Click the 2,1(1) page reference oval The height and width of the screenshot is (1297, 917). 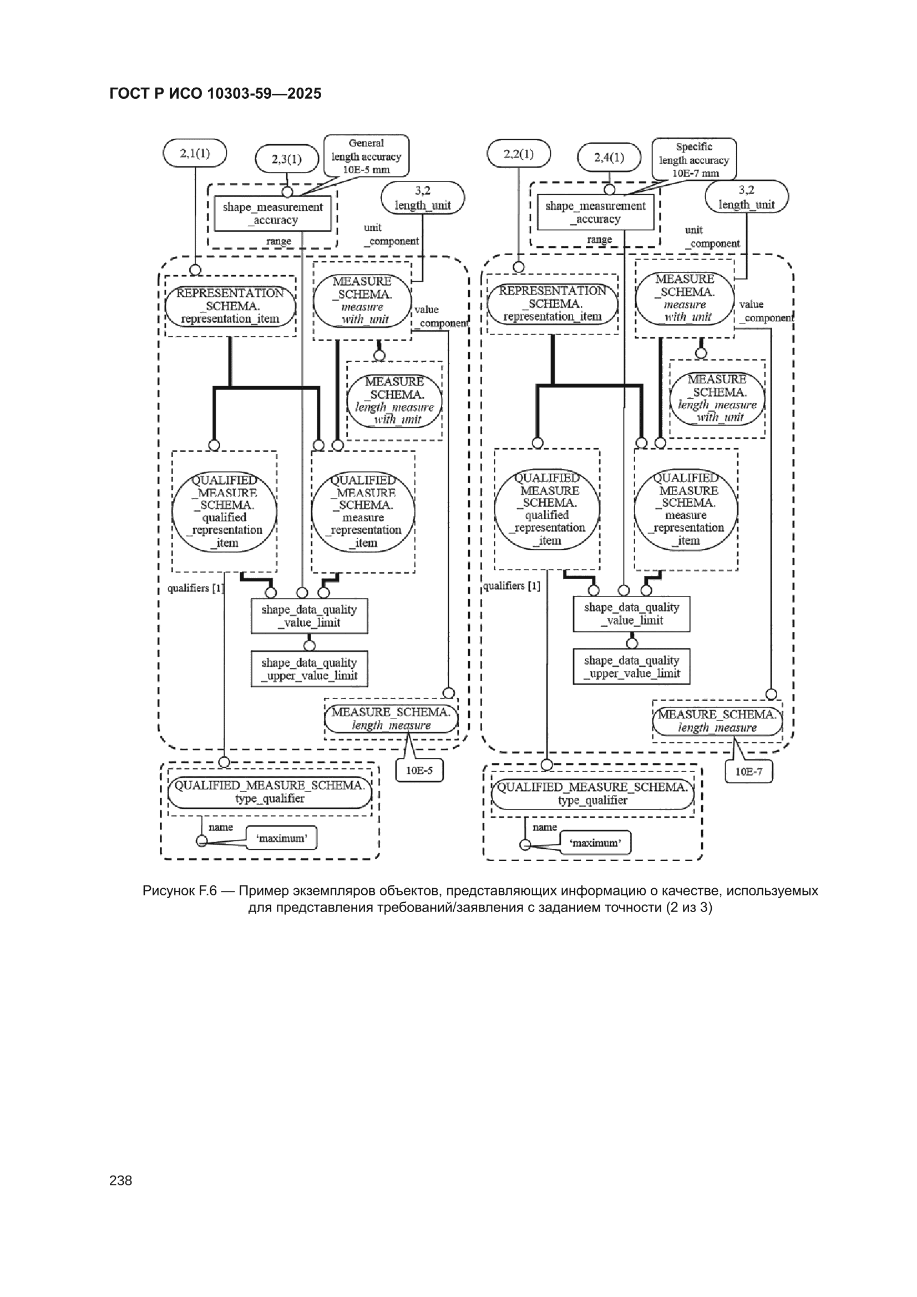(195, 153)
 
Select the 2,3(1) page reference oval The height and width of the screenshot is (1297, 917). (287, 159)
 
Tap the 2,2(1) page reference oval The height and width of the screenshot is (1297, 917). (519, 154)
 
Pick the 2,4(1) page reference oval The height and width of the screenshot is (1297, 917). (609, 157)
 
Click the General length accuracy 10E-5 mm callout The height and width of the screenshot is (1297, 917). (366, 156)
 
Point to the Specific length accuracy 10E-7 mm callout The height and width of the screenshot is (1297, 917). (695, 159)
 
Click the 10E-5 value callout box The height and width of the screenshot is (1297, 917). (419, 771)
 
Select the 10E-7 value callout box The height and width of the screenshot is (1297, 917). (748, 772)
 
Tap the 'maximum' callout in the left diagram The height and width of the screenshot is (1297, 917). (281, 838)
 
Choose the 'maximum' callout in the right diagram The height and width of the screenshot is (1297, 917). (595, 842)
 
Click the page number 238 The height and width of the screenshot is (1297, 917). (120, 1181)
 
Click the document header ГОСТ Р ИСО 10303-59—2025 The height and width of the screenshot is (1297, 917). (215, 93)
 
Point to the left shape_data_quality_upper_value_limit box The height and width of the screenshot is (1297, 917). (309, 669)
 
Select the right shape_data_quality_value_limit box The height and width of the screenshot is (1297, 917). (632, 614)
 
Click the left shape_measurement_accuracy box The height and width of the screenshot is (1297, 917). (273, 214)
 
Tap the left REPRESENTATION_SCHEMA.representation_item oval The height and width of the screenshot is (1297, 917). (231, 306)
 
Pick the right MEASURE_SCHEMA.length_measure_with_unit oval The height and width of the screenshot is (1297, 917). (717, 399)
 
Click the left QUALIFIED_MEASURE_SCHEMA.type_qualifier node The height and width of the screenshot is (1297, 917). (270, 792)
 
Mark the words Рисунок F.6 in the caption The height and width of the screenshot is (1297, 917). (180, 891)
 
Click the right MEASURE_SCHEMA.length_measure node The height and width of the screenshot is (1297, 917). (717, 721)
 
